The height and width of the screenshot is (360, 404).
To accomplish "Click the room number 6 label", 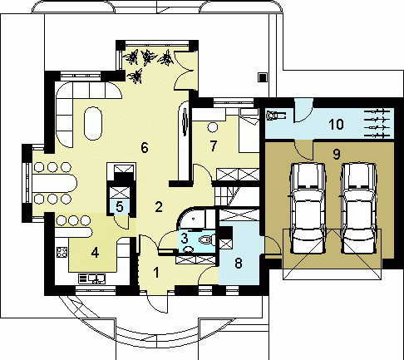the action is pyautogui.click(x=145, y=147).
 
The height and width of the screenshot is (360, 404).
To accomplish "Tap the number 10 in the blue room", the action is pyautogui.click(x=336, y=124).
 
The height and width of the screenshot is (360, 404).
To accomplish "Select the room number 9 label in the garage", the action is pyautogui.click(x=336, y=154).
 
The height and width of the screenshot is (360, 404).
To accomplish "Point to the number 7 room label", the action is pyautogui.click(x=213, y=145).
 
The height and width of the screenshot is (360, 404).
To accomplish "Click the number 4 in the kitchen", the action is pyautogui.click(x=95, y=253).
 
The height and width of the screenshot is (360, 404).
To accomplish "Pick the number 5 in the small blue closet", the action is pyautogui.click(x=120, y=207).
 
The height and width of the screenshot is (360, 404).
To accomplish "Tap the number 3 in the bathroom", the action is pyautogui.click(x=185, y=238).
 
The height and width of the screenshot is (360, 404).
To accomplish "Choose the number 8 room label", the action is pyautogui.click(x=239, y=263).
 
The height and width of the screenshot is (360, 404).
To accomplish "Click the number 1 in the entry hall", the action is pyautogui.click(x=156, y=273).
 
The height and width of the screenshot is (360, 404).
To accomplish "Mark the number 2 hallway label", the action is pyautogui.click(x=159, y=207).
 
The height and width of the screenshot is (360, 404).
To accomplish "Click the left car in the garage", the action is pyautogui.click(x=307, y=208).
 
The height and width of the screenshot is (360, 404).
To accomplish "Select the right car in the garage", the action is pyautogui.click(x=358, y=208).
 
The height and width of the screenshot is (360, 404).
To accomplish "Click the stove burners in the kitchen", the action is pyautogui.click(x=62, y=252).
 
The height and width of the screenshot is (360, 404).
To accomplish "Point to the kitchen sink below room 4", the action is pyautogui.click(x=91, y=279).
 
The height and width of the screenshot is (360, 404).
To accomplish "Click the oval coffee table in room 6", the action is pyautogui.click(x=93, y=123).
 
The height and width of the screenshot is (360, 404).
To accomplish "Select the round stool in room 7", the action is pyautogui.click(x=213, y=127).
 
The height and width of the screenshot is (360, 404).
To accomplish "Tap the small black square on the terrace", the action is pyautogui.click(x=262, y=77).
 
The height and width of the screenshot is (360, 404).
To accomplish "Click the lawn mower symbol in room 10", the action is pyautogui.click(x=275, y=115).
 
